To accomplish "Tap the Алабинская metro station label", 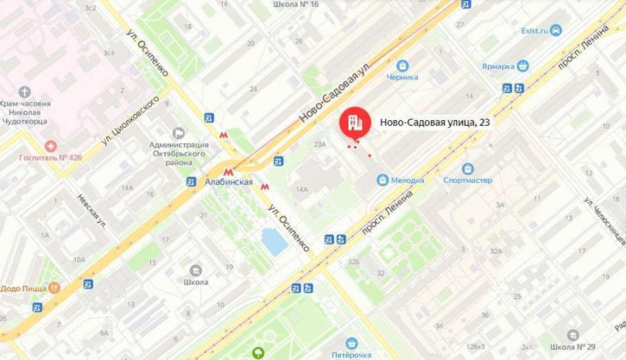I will (x=230, y=182).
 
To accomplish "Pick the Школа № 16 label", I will (x=295, y=4).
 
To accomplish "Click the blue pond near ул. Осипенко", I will (x=275, y=242).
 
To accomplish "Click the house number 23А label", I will (x=319, y=144).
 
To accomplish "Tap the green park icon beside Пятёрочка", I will (x=258, y=352).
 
